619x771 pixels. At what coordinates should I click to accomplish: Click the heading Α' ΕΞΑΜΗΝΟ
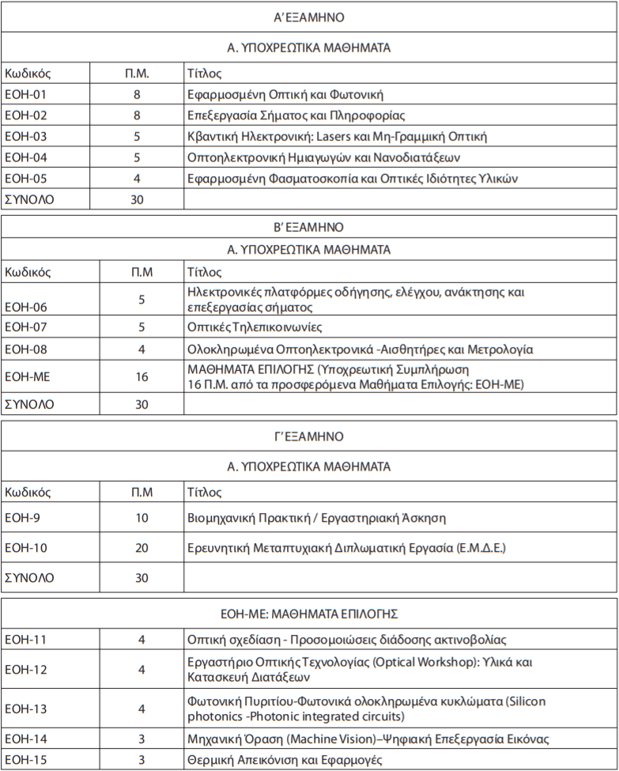308,17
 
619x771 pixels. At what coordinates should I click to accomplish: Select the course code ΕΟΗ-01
26,95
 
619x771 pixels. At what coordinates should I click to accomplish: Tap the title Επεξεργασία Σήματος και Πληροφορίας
296,115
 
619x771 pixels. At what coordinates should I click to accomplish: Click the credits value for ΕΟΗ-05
137,179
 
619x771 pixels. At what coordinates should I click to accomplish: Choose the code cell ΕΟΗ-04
26,157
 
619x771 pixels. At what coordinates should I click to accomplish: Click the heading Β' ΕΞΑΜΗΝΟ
308,227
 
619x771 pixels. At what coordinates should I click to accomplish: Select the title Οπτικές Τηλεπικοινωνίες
255,327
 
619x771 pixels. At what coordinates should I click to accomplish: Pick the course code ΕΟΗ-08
26,349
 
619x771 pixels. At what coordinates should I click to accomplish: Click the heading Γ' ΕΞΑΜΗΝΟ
308,437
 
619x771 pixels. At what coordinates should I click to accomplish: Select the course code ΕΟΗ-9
23,519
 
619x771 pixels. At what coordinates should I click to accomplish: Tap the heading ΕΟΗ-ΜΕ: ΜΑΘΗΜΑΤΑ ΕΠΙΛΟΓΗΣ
308,613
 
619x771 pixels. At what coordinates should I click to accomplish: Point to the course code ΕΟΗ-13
26,709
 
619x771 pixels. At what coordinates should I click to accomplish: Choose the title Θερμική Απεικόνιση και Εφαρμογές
285,760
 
